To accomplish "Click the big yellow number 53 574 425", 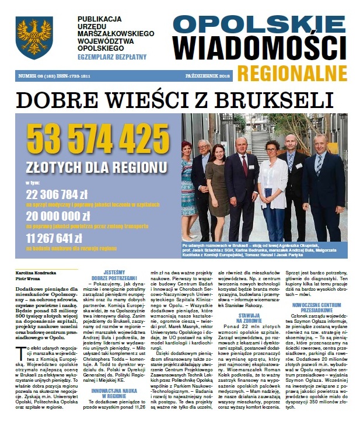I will (89, 140).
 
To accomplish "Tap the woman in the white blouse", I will (272, 187).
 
